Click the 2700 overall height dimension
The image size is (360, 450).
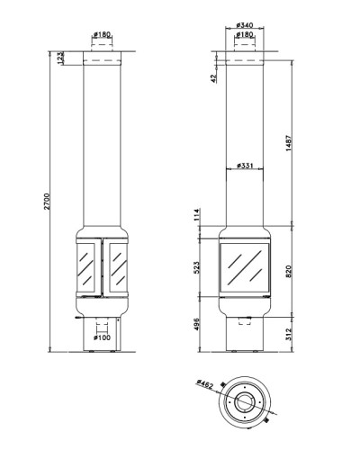tap(48, 202)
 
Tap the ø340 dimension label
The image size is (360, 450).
tap(245, 24)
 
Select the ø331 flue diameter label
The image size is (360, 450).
tap(245, 166)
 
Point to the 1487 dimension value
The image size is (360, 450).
tap(288, 143)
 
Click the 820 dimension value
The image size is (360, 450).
tap(288, 271)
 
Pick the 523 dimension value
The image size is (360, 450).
tap(196, 267)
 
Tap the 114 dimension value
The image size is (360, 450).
tap(196, 215)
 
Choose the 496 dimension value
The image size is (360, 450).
tap(196, 325)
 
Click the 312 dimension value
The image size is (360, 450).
tap(288, 334)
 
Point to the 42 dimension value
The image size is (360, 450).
tap(213, 78)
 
